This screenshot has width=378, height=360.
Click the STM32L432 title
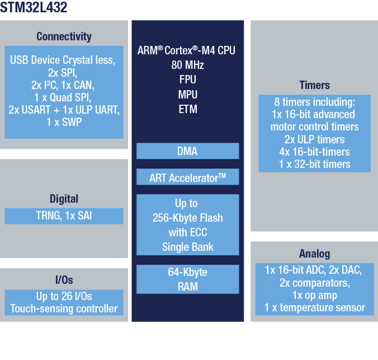click(34, 7)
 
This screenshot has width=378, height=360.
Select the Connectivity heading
click(64, 37)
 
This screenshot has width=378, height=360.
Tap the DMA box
click(187, 151)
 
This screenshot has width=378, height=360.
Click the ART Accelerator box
click(187, 177)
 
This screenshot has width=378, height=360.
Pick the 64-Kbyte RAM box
click(187, 280)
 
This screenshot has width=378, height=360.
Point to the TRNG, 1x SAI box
click(64, 216)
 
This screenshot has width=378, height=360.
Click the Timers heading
click(314, 85)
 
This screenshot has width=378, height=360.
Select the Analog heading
click(314, 254)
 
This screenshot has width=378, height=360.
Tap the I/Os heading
click(64, 280)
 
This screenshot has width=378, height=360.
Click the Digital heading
click(64, 199)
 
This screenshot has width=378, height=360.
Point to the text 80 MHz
click(187, 65)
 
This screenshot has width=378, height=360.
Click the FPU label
click(187, 79)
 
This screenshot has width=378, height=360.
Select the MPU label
click(187, 94)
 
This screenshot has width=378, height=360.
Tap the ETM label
click(188, 109)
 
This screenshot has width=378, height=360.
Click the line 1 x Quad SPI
click(63, 97)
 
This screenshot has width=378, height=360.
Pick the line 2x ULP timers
click(314, 140)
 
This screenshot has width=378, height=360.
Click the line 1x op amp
click(314, 295)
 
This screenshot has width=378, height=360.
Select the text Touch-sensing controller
click(64, 309)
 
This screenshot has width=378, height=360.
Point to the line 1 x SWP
click(64, 122)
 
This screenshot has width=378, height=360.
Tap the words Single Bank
click(187, 247)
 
